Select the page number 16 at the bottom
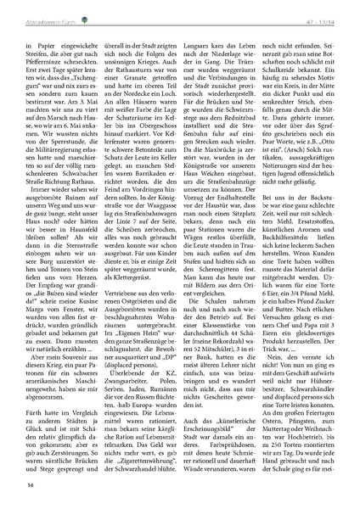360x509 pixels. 30,484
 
